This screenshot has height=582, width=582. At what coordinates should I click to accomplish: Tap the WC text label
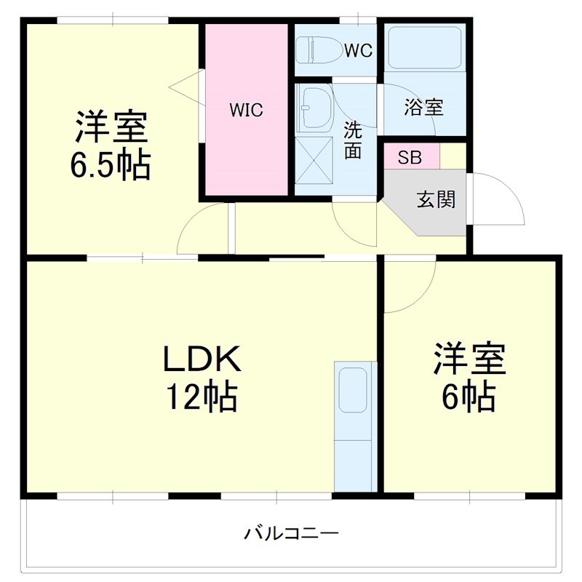358,50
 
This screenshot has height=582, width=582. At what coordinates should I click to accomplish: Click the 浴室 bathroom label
423,108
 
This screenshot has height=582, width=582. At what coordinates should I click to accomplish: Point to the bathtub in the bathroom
423,47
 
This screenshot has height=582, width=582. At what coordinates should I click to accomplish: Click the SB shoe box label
409,157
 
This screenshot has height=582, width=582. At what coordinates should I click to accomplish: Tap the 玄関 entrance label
436,199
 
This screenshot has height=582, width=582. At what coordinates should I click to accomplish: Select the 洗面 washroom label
353,140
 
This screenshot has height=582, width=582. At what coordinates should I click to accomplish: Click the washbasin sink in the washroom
314,108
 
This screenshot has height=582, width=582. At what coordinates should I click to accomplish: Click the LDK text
201,359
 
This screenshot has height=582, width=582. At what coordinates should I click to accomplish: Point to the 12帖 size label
201,396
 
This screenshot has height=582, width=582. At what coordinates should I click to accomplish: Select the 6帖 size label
469,396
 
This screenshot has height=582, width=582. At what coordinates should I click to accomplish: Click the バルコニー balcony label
291,534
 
